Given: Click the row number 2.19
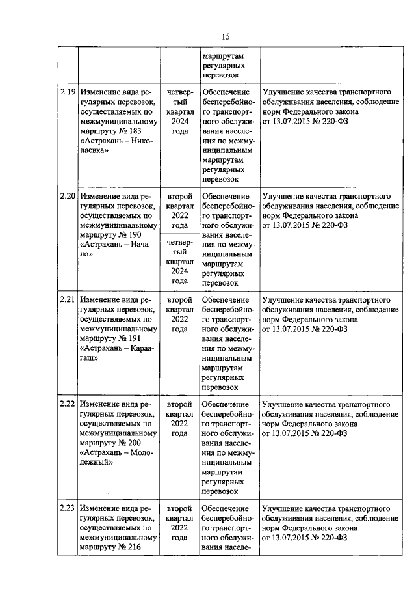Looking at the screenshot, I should click(68, 92).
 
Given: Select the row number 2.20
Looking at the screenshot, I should click(68, 196).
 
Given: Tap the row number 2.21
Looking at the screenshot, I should click(68, 300).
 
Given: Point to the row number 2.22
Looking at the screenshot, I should click(68, 404).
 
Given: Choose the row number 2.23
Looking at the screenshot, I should click(68, 508).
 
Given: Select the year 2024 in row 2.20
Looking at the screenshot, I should click(179, 271).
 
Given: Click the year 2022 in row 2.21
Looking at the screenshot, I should click(179, 320).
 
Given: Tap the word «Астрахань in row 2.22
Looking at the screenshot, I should click(103, 453).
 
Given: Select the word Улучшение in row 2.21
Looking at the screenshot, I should click(280, 300).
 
